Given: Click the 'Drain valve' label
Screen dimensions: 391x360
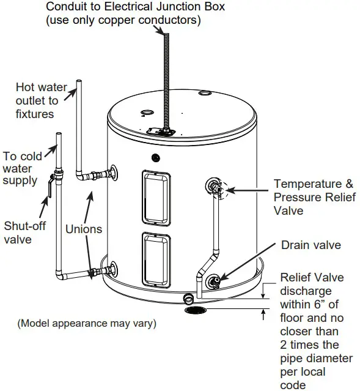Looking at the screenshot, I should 311,245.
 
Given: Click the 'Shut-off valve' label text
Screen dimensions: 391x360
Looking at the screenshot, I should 25,233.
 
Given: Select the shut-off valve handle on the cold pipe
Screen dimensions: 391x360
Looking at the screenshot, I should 46,186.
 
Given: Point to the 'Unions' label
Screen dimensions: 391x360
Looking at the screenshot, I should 84,229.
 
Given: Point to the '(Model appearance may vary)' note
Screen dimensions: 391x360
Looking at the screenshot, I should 86,323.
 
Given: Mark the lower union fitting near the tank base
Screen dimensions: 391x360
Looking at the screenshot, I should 94,272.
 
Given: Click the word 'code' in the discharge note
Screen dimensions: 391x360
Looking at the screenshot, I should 293,384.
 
